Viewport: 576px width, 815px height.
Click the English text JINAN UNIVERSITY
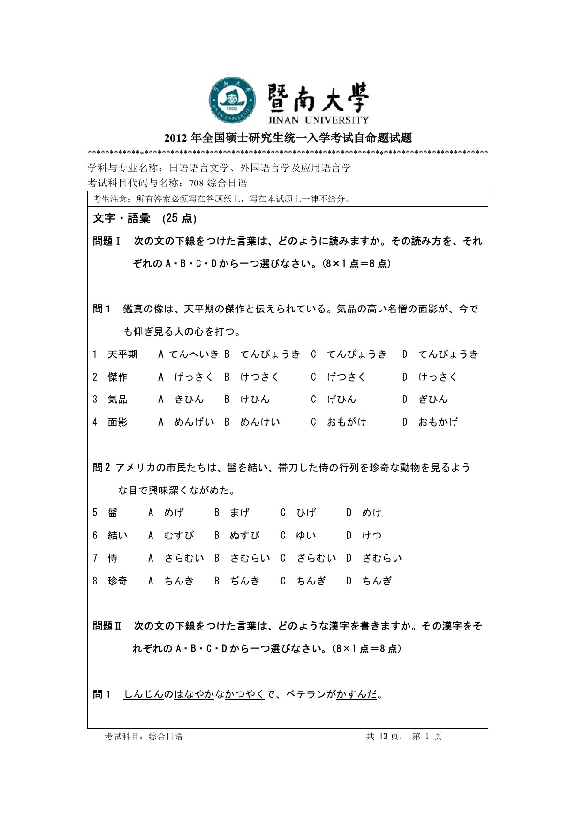(318, 120)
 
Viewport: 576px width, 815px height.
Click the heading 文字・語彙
(121, 218)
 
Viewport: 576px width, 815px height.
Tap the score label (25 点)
(179, 218)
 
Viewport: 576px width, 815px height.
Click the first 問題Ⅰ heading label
(106, 241)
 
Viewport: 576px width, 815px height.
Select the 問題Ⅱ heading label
(107, 626)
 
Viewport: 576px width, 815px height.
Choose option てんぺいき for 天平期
(194, 354)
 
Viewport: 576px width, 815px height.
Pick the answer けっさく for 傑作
(438, 377)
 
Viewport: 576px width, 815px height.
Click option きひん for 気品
(189, 400)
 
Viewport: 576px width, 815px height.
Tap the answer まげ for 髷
(240, 513)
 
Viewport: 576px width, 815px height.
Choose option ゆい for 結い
(306, 536)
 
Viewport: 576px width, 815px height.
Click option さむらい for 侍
(250, 558)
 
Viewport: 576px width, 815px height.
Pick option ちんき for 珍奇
(179, 581)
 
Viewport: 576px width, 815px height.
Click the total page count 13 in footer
(383, 737)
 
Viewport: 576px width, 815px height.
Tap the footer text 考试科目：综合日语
(144, 737)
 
